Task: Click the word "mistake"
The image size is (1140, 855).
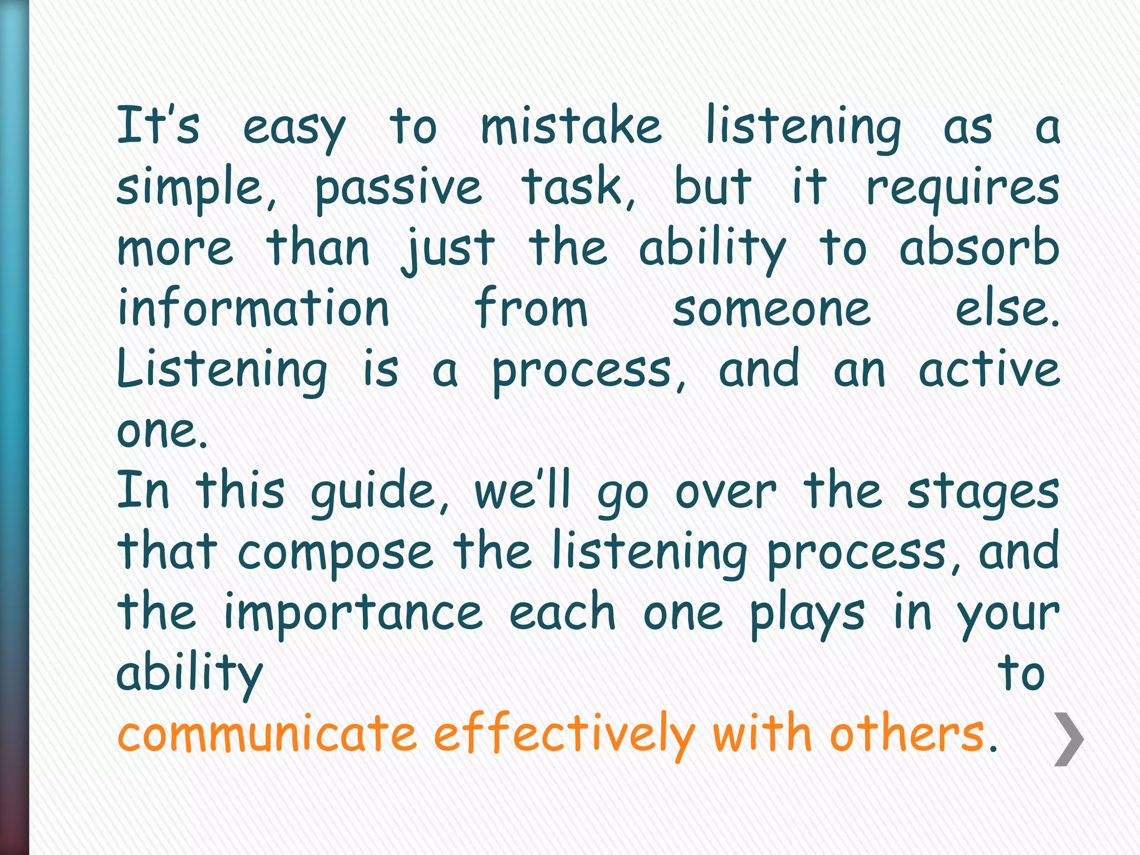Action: pos(571,127)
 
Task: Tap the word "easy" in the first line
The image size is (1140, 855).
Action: pos(294,129)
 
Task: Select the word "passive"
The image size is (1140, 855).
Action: pos(398,188)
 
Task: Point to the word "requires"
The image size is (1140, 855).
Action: pos(962,188)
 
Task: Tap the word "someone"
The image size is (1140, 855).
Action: pos(772,309)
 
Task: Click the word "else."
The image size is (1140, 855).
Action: pos(1008,309)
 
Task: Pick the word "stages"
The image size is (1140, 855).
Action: pos(983,493)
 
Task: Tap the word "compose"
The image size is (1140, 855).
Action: pos(335,554)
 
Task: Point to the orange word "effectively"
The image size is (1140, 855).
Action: pos(564,735)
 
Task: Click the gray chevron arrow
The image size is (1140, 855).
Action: pos(1069,739)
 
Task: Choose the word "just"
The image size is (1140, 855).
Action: pos(449,249)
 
